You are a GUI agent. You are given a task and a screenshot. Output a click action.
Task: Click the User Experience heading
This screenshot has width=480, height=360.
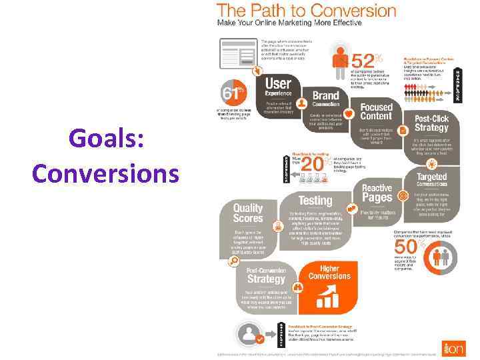(278, 87)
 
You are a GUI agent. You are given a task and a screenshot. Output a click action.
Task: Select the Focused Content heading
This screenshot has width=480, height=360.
(377, 112)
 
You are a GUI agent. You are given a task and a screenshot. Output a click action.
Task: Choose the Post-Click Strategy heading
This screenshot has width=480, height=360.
(431, 123)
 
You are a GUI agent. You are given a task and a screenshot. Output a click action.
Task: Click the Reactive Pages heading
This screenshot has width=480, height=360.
(377, 193)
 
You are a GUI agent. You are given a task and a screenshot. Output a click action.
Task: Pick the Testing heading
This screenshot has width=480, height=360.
(315, 200)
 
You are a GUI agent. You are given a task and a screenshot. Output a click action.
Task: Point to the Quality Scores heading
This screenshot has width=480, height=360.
(248, 212)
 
